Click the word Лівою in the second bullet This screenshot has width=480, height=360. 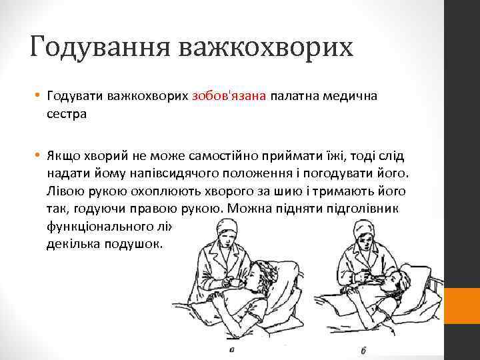coord(66,191)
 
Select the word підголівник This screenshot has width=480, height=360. coord(363,208)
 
